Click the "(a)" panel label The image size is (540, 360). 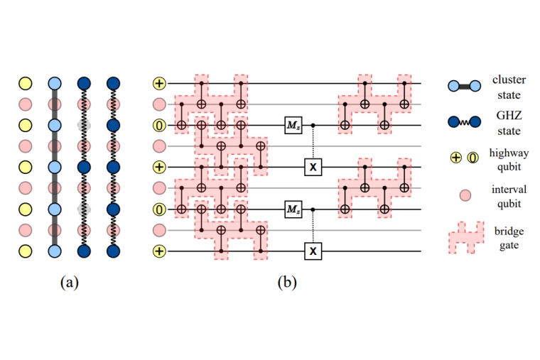click(69, 282)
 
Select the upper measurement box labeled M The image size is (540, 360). click(293, 125)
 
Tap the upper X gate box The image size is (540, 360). click(312, 167)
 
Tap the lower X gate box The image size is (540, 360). click(312, 251)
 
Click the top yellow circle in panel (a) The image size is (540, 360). click(26, 84)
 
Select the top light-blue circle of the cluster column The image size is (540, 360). click(55, 84)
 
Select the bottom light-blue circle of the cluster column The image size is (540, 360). click(55, 251)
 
